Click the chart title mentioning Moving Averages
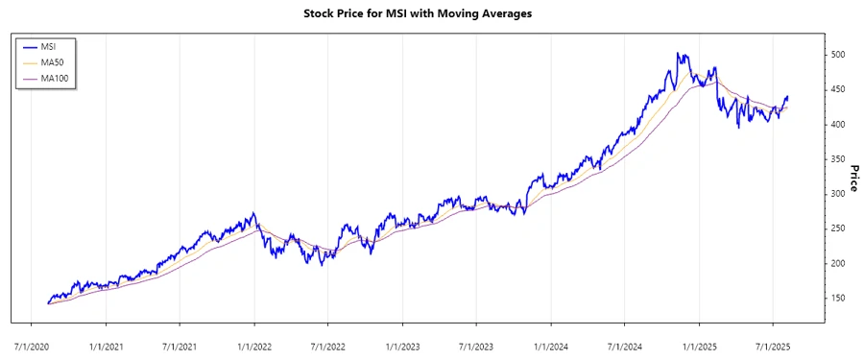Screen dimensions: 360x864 coord(418,14)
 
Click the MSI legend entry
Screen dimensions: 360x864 coord(46,45)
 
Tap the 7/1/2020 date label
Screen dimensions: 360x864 coord(32,344)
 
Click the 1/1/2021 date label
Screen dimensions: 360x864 coord(106,344)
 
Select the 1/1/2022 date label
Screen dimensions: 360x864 coord(254,344)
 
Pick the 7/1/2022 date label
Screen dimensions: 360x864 coord(327,344)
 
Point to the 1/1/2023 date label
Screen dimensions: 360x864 coord(402,344)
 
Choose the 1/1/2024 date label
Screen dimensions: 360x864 coord(550,344)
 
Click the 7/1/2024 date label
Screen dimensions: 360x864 coord(624,344)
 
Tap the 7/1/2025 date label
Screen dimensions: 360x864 coord(773,344)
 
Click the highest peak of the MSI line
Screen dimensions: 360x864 coord(678,54)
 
